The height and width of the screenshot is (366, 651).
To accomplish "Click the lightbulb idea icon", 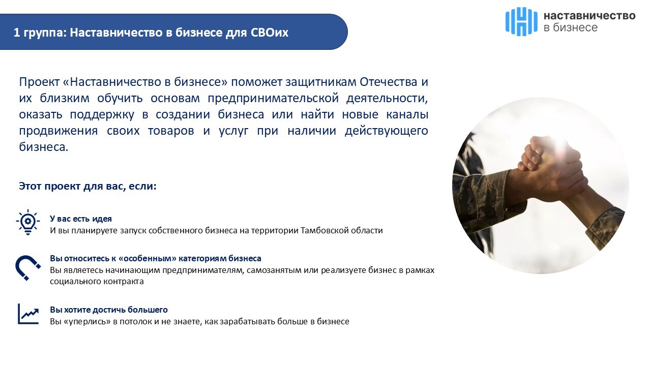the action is [28, 222].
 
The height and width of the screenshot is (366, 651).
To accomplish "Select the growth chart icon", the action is [28, 314].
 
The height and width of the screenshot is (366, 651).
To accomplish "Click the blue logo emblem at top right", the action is [521, 21].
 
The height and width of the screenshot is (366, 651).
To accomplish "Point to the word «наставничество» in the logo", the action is [589, 16].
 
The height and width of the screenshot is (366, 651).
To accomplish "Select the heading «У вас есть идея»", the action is [81, 219].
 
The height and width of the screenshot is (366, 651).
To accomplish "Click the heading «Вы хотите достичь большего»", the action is [109, 310].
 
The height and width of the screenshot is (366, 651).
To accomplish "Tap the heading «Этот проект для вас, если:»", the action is [87, 186].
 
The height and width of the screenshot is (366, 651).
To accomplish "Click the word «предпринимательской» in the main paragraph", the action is [273, 98].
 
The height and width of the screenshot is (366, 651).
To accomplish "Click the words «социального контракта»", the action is [97, 282].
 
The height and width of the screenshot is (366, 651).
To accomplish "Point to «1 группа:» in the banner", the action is [40, 33].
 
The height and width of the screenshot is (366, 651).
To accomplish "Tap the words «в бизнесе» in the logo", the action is [571, 27].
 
